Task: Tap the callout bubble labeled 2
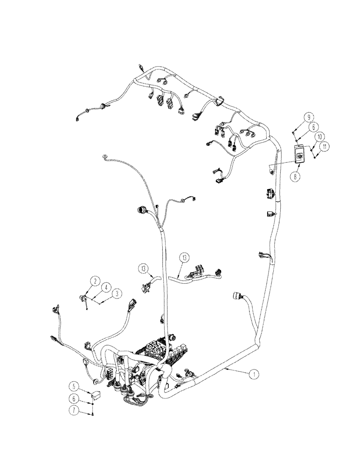click(x=95, y=281)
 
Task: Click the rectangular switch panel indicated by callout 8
click(x=299, y=154)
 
